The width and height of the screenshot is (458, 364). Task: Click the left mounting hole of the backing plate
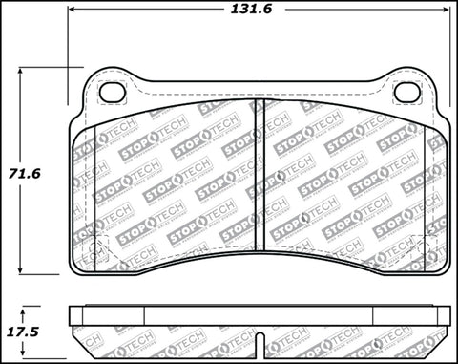tap(113, 93)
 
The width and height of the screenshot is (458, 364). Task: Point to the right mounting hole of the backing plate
tap(408, 93)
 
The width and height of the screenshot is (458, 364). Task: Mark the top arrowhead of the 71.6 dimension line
tap(22, 70)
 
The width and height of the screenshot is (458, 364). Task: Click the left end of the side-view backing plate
tap(73, 312)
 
